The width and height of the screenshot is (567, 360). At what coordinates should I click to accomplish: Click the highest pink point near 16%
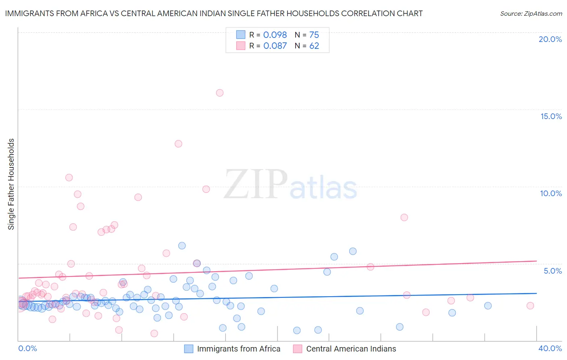pyautogui.click(x=220, y=93)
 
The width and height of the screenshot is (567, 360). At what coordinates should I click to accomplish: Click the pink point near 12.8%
pyautogui.click(x=178, y=144)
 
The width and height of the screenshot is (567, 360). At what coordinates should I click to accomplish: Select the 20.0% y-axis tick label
pyautogui.click(x=550, y=39)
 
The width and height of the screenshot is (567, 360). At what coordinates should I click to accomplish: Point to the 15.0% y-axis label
pyautogui.click(x=551, y=116)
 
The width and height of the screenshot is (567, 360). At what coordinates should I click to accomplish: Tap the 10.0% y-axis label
pyautogui.click(x=551, y=193)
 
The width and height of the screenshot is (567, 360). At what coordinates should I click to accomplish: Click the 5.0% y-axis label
pyautogui.click(x=552, y=271)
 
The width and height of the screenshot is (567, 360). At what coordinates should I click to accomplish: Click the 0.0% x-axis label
pyautogui.click(x=27, y=348)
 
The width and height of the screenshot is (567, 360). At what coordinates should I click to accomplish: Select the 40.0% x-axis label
pyautogui.click(x=550, y=348)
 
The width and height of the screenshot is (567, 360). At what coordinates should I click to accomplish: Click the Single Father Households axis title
pyautogui.click(x=11, y=184)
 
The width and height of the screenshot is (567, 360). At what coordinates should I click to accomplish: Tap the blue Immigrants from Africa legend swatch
pyautogui.click(x=189, y=349)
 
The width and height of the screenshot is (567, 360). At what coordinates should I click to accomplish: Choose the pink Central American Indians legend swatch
pyautogui.click(x=298, y=349)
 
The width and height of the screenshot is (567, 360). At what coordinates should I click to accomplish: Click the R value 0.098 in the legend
pyautogui.click(x=275, y=35)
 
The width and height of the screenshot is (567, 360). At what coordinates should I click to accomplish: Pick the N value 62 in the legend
pyautogui.click(x=314, y=46)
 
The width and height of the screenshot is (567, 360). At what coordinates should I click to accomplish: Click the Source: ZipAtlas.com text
pyautogui.click(x=531, y=14)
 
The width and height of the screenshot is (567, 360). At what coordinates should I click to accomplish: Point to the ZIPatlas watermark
pyautogui.click(x=290, y=185)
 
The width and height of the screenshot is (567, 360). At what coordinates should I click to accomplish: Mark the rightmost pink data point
pyautogui.click(x=530, y=306)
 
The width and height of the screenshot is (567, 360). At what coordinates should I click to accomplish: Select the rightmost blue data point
pyautogui.click(x=488, y=306)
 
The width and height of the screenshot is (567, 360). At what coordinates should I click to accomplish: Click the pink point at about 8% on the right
pyautogui.click(x=404, y=217)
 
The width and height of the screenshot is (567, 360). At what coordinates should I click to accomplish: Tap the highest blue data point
pyautogui.click(x=182, y=245)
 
